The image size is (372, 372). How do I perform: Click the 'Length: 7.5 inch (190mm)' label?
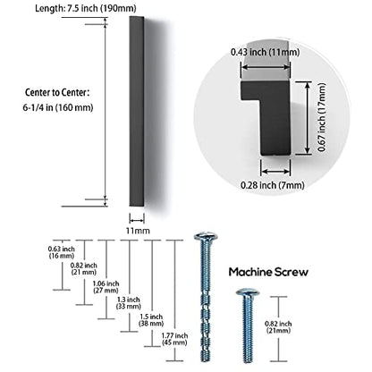coord(85,8)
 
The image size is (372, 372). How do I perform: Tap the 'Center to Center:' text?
coord(57,92)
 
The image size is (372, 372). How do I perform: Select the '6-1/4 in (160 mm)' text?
coord(58,107)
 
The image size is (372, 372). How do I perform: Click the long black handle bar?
coord(137,111)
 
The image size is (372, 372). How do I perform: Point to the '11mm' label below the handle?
coord(138,231)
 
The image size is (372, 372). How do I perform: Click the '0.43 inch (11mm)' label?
coord(265,52)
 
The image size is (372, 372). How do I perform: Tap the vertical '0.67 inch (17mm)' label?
coord(321,117)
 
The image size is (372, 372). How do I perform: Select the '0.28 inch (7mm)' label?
coord(273,185)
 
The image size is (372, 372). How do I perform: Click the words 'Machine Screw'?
coord(268,272)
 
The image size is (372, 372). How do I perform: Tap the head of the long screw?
coord(206,237)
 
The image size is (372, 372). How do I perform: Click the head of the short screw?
coord(247,292)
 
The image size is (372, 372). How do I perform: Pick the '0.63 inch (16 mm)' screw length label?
coord(62,252)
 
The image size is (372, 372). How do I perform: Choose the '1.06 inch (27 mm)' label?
coord(106,287)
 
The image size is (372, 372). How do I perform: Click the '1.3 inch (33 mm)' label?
coord(129,303)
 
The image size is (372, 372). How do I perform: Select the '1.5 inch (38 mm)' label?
coord(151,320)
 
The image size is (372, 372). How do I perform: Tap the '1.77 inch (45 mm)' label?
coord(174,339)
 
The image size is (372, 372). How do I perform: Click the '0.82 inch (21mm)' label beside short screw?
coord(278,327)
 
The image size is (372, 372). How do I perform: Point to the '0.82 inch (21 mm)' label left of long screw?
coord(84,268)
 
